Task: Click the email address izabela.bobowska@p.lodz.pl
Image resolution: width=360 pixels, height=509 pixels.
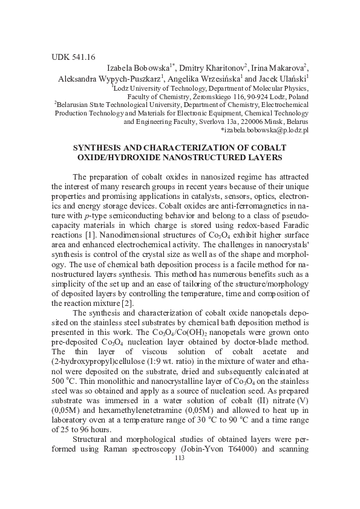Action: click(x=265, y=129)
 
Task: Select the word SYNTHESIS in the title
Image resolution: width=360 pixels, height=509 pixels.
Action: click(x=99, y=148)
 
